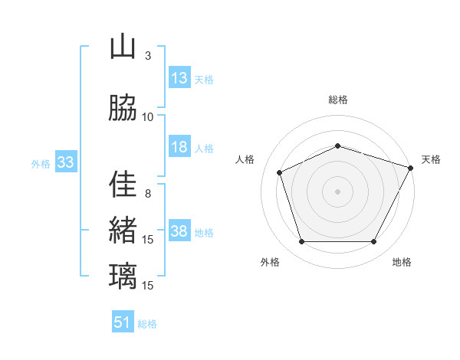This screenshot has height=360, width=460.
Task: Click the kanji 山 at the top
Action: (x=123, y=47)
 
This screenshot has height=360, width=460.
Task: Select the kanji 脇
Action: (x=123, y=108)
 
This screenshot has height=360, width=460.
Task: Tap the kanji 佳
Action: (x=123, y=184)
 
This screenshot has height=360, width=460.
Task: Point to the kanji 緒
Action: (x=123, y=229)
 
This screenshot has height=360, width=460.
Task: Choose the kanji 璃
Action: (x=123, y=275)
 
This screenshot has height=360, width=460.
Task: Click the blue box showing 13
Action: (x=179, y=78)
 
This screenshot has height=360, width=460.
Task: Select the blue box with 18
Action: (x=179, y=147)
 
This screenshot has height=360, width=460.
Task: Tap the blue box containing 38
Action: (x=179, y=232)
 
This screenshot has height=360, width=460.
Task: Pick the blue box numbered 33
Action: (x=64, y=162)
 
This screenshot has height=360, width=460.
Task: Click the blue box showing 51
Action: (x=123, y=322)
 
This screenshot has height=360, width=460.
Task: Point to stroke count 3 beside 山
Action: (x=148, y=57)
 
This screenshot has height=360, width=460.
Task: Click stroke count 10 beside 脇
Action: (x=148, y=117)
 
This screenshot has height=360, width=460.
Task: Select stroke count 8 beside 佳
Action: (x=148, y=193)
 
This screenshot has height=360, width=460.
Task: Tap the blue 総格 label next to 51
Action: (x=147, y=324)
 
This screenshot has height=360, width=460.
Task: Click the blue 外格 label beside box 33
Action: (x=41, y=164)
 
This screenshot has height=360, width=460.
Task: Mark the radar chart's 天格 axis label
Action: (x=431, y=159)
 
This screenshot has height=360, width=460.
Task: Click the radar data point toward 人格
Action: (x=280, y=172)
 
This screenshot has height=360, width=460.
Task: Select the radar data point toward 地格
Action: (x=373, y=242)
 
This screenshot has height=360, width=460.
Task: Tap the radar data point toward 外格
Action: (x=301, y=242)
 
